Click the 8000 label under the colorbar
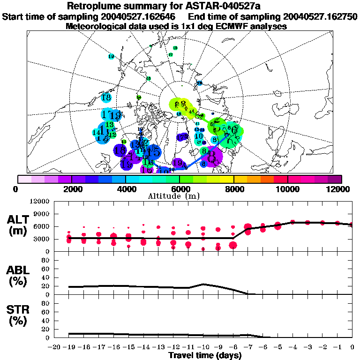(233, 188)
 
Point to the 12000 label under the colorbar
(340, 188)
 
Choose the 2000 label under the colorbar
(71, 188)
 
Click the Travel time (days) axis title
(205, 355)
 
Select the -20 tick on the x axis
(55, 347)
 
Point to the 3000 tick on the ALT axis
(42, 239)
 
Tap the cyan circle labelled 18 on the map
(106, 98)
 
